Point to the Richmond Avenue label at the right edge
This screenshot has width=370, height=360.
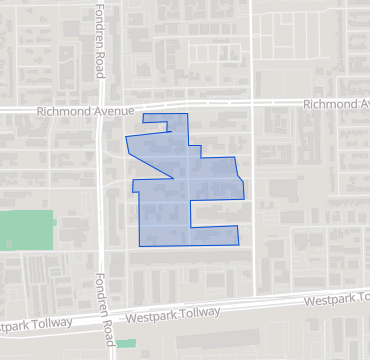coord(335,103)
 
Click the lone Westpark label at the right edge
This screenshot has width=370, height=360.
coord(336,299)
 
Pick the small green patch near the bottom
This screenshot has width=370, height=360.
coord(125,344)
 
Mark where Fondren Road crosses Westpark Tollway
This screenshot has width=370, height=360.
coord(104,319)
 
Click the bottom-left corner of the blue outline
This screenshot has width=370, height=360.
coord(140,245)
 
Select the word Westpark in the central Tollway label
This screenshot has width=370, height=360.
coord(150,317)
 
